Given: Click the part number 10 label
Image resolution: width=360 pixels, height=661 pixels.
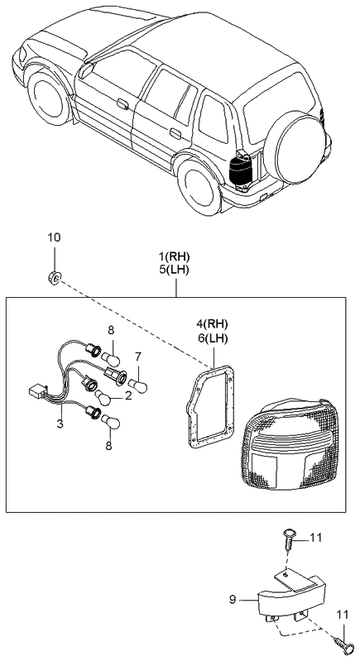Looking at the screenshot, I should pyautogui.click(x=54, y=238).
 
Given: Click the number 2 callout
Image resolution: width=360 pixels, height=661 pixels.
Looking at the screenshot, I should pyautogui.click(x=128, y=395).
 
